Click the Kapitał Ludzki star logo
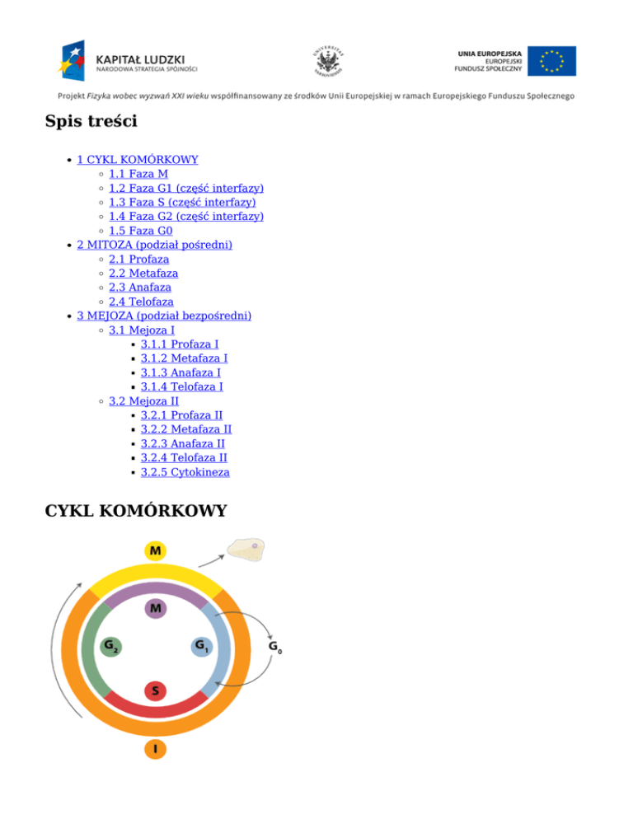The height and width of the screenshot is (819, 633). (x=73, y=59)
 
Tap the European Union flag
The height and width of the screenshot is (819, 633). (x=552, y=61)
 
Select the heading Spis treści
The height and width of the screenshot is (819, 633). (x=91, y=123)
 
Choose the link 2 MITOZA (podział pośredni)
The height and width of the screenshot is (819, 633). (x=154, y=245)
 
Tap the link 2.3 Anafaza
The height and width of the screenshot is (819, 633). (x=140, y=288)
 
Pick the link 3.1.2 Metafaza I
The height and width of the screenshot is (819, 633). (x=184, y=358)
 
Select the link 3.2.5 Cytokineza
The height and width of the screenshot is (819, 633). (x=185, y=473)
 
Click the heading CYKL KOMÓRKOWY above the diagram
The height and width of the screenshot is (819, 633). (x=136, y=511)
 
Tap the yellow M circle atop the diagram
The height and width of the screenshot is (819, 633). (x=155, y=550)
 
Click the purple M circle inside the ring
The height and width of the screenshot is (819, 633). (x=155, y=609)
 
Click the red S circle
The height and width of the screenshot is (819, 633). (x=155, y=690)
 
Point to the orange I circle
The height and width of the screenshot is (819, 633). (x=155, y=749)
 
